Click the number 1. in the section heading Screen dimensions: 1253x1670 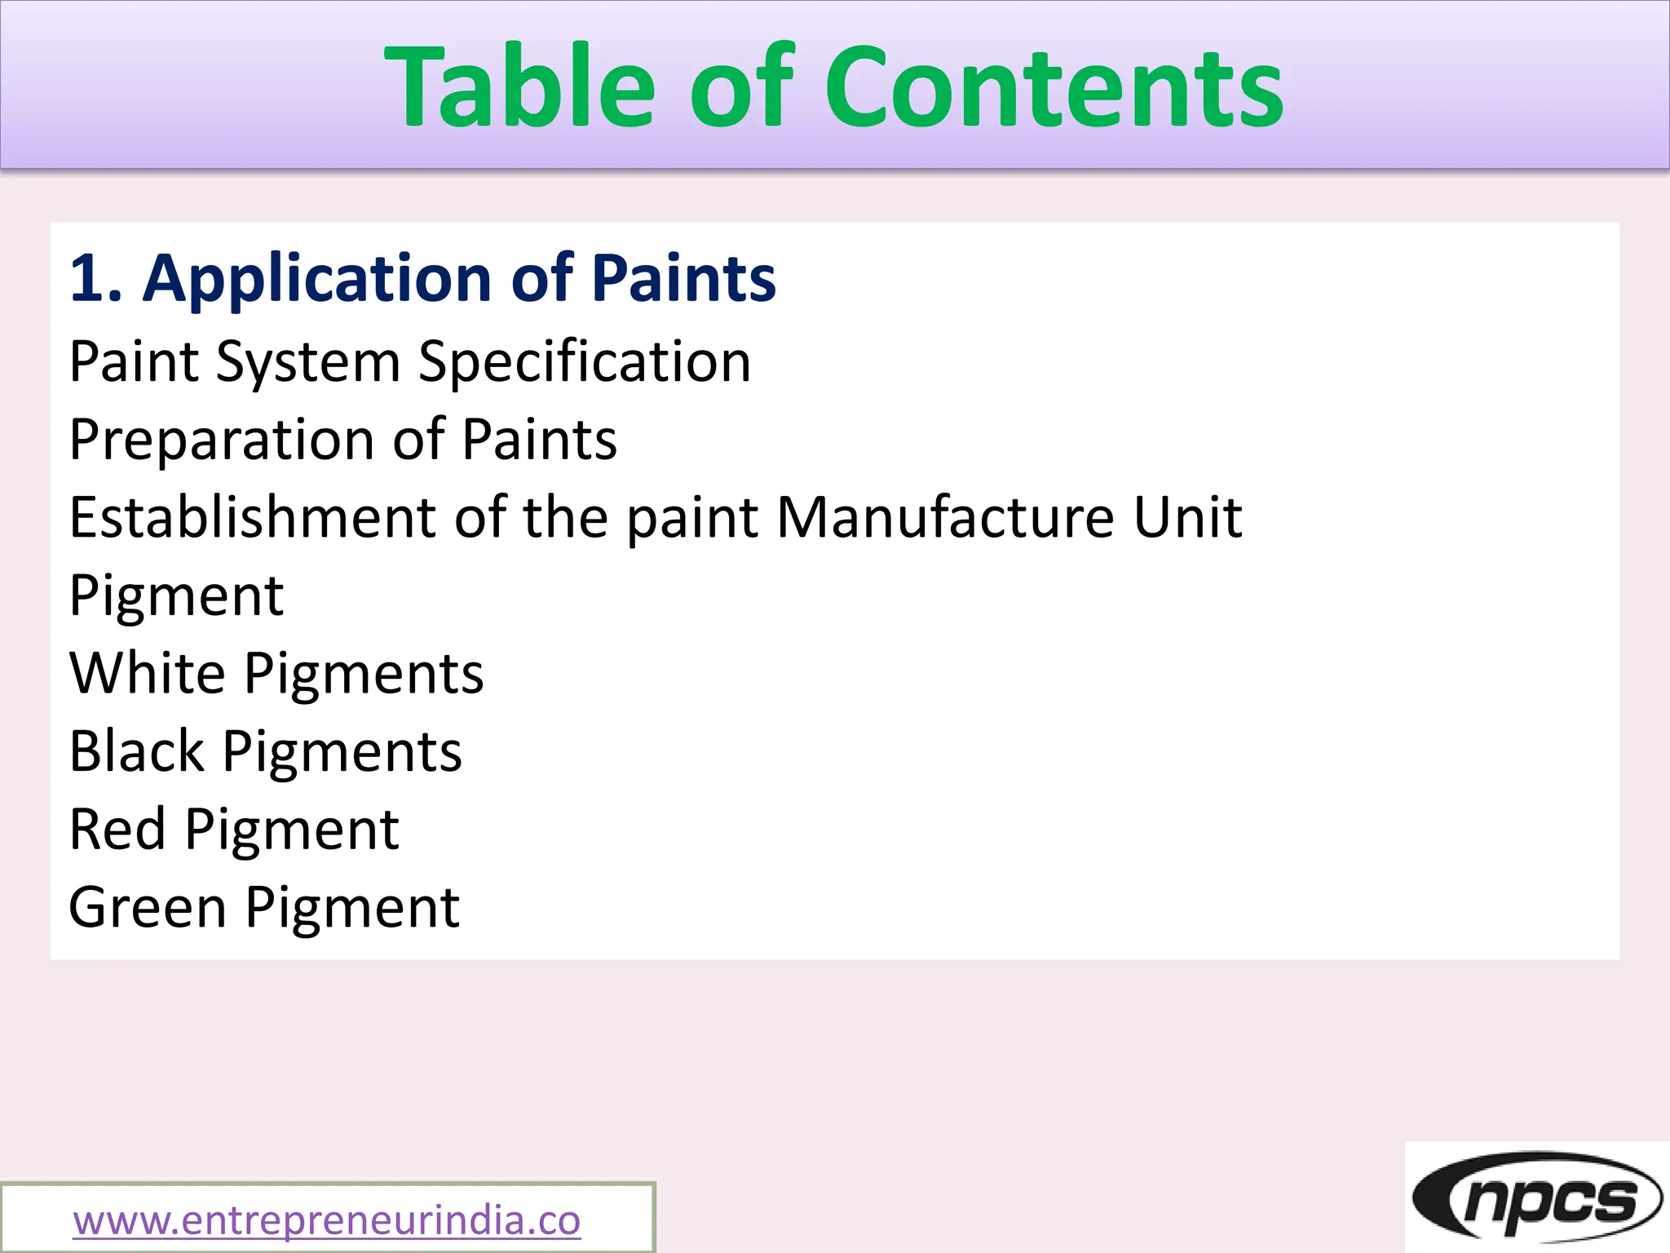click(96, 278)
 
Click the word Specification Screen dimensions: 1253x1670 click(584, 361)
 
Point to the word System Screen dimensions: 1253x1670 click(307, 361)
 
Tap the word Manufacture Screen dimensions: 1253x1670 click(945, 517)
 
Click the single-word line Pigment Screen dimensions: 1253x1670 click(176, 596)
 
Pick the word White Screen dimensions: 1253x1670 click(147, 673)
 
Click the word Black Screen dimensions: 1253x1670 click(136, 751)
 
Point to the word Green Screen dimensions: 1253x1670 click(147, 907)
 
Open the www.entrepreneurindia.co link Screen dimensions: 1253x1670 click(326, 1220)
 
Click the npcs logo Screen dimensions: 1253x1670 click(1536, 1198)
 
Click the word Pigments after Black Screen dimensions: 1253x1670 click(342, 751)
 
